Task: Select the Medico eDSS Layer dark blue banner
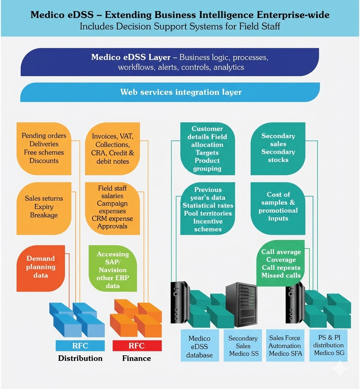(x=170, y=62)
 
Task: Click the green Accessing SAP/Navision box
(x=113, y=270)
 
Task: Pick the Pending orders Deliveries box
(x=44, y=148)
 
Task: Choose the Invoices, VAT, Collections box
(x=113, y=148)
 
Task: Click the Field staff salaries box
(x=113, y=208)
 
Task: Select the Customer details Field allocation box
(x=208, y=148)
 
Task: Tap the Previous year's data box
(x=208, y=209)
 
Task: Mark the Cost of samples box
(x=278, y=207)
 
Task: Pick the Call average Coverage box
(x=281, y=263)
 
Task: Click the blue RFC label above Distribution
(x=80, y=345)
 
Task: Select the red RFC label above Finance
(x=137, y=345)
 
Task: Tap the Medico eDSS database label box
(x=200, y=346)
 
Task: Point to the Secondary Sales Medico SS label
(x=243, y=345)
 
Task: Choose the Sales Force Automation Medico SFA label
(x=285, y=345)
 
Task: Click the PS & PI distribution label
(x=328, y=345)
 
